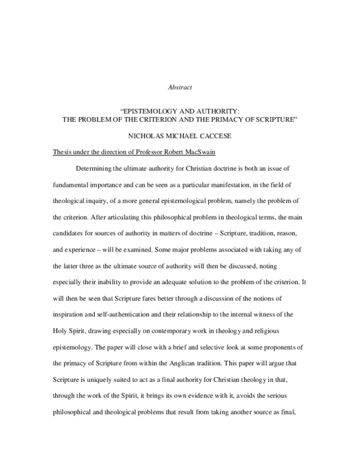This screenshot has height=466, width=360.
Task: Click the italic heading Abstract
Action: pyautogui.click(x=179, y=87)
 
